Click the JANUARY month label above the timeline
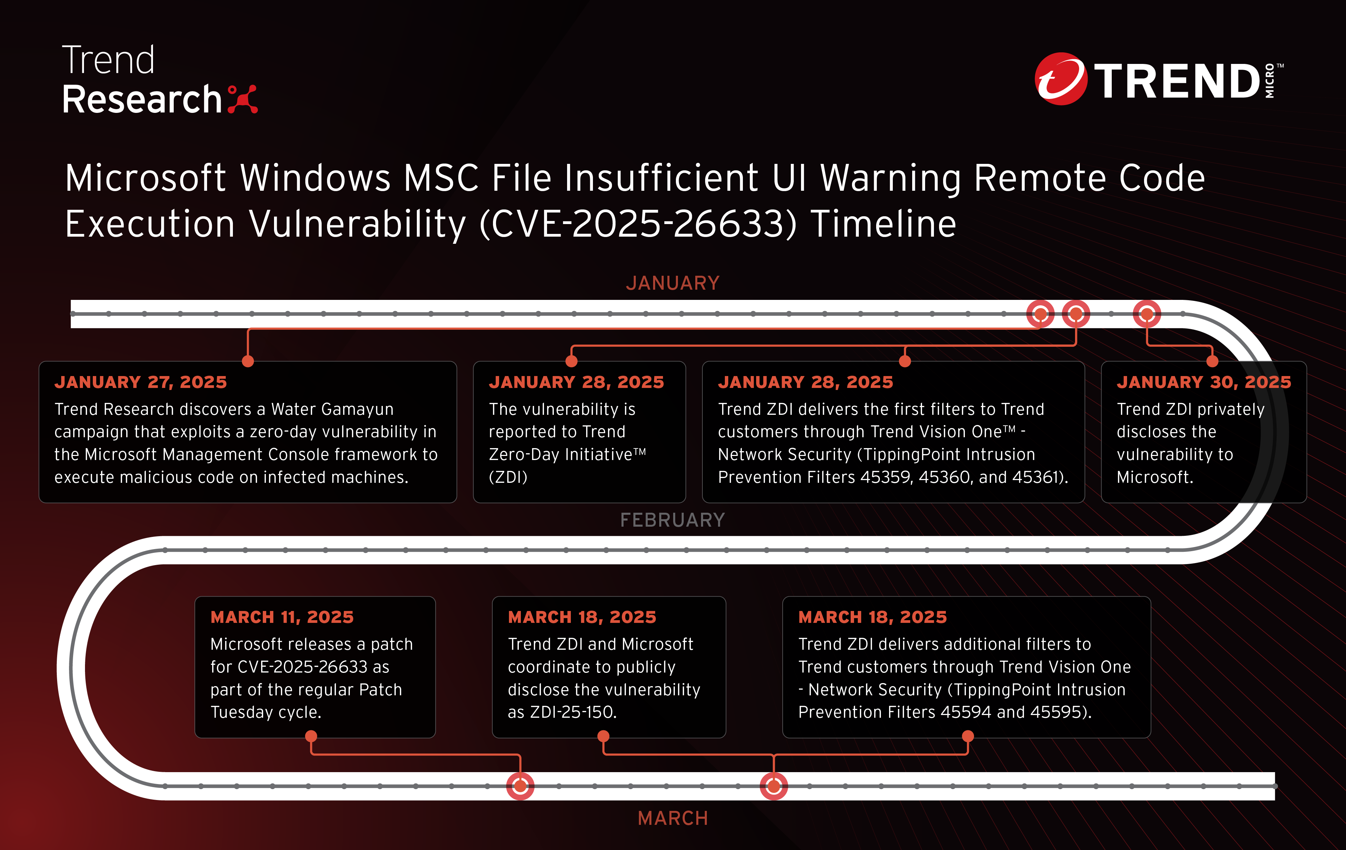(x=672, y=283)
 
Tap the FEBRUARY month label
(x=672, y=520)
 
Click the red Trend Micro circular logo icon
(x=1061, y=79)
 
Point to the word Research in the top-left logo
(x=142, y=100)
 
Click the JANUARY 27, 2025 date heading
(x=141, y=382)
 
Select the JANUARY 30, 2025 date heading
(x=1204, y=382)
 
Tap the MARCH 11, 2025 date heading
(x=282, y=617)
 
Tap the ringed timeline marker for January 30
(x=1147, y=314)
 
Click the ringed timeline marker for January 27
(x=1040, y=314)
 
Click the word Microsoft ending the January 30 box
(x=1155, y=477)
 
